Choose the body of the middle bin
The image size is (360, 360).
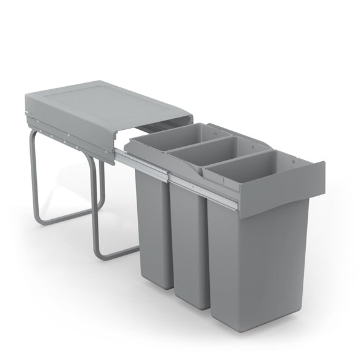point(190,240)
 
